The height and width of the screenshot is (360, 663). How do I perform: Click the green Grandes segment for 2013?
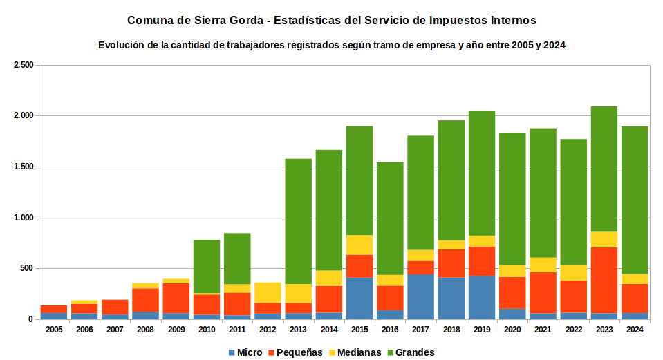click(x=298, y=221)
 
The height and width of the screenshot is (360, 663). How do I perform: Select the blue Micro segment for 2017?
click(x=421, y=296)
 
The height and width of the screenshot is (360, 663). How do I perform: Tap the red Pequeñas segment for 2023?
click(x=604, y=280)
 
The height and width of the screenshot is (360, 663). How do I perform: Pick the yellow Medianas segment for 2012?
click(x=268, y=293)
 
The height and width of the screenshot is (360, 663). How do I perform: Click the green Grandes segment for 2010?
click(x=207, y=267)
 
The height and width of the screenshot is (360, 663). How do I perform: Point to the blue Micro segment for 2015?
click(x=359, y=299)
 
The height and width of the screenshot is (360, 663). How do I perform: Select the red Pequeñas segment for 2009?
click(x=176, y=299)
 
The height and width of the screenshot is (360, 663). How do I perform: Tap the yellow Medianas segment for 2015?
click(x=359, y=245)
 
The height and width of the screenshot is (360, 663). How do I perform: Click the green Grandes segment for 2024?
click(x=635, y=200)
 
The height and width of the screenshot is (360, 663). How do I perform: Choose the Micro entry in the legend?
click(x=245, y=352)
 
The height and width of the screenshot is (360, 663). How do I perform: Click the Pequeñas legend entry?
click(x=295, y=352)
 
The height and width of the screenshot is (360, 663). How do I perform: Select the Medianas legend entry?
click(x=355, y=352)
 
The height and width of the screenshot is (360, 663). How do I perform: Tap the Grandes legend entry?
click(x=411, y=352)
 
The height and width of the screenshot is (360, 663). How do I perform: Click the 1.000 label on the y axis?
click(x=24, y=218)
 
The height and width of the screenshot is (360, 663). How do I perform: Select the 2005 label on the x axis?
click(x=54, y=330)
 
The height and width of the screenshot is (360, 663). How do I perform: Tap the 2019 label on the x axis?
click(x=482, y=330)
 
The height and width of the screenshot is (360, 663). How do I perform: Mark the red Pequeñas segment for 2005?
click(x=54, y=310)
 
